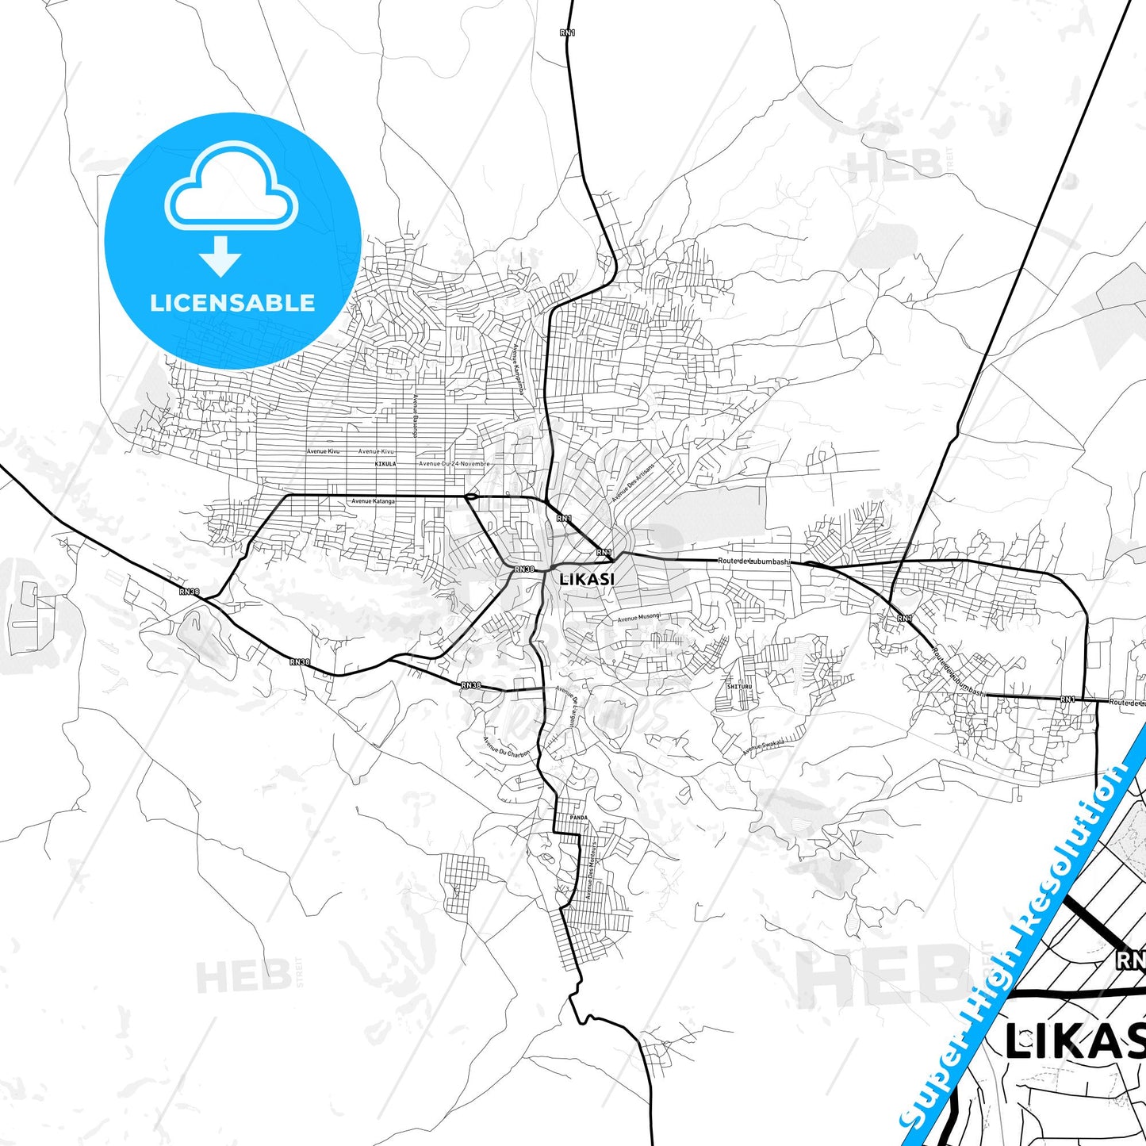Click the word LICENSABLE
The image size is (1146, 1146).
pyautogui.click(x=232, y=303)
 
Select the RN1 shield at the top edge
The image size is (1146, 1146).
pyautogui.click(x=568, y=33)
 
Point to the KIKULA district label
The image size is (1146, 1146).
pyautogui.click(x=385, y=464)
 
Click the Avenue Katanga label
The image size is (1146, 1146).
pyautogui.click(x=373, y=501)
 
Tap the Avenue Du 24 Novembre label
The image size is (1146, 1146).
pyautogui.click(x=454, y=464)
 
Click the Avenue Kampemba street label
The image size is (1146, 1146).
pyautogui.click(x=517, y=369)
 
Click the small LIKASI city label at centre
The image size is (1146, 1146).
pyautogui.click(x=587, y=579)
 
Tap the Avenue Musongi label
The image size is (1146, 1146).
pyautogui.click(x=638, y=618)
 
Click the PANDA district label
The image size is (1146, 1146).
pyautogui.click(x=578, y=818)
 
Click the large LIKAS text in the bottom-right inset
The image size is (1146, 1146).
pyautogui.click(x=1075, y=1041)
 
